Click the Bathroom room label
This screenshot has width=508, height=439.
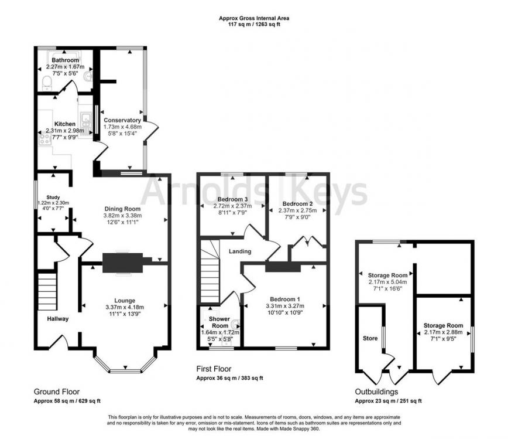pos(65,60)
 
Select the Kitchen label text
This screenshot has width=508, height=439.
pos(65,124)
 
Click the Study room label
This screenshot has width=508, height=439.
pos(53,198)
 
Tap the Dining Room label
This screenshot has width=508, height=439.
pos(123,209)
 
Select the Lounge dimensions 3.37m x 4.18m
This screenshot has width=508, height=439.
pos(124,307)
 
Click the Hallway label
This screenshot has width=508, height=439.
pos(59,319)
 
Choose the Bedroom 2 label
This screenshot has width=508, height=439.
pos(297,204)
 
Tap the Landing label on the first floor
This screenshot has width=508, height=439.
pos(240,251)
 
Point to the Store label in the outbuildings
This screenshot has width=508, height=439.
pos(370,338)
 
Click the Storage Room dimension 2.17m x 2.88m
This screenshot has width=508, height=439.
pos(443,332)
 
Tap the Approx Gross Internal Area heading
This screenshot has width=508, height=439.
pos(253,18)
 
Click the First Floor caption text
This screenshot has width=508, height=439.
pos(214,369)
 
